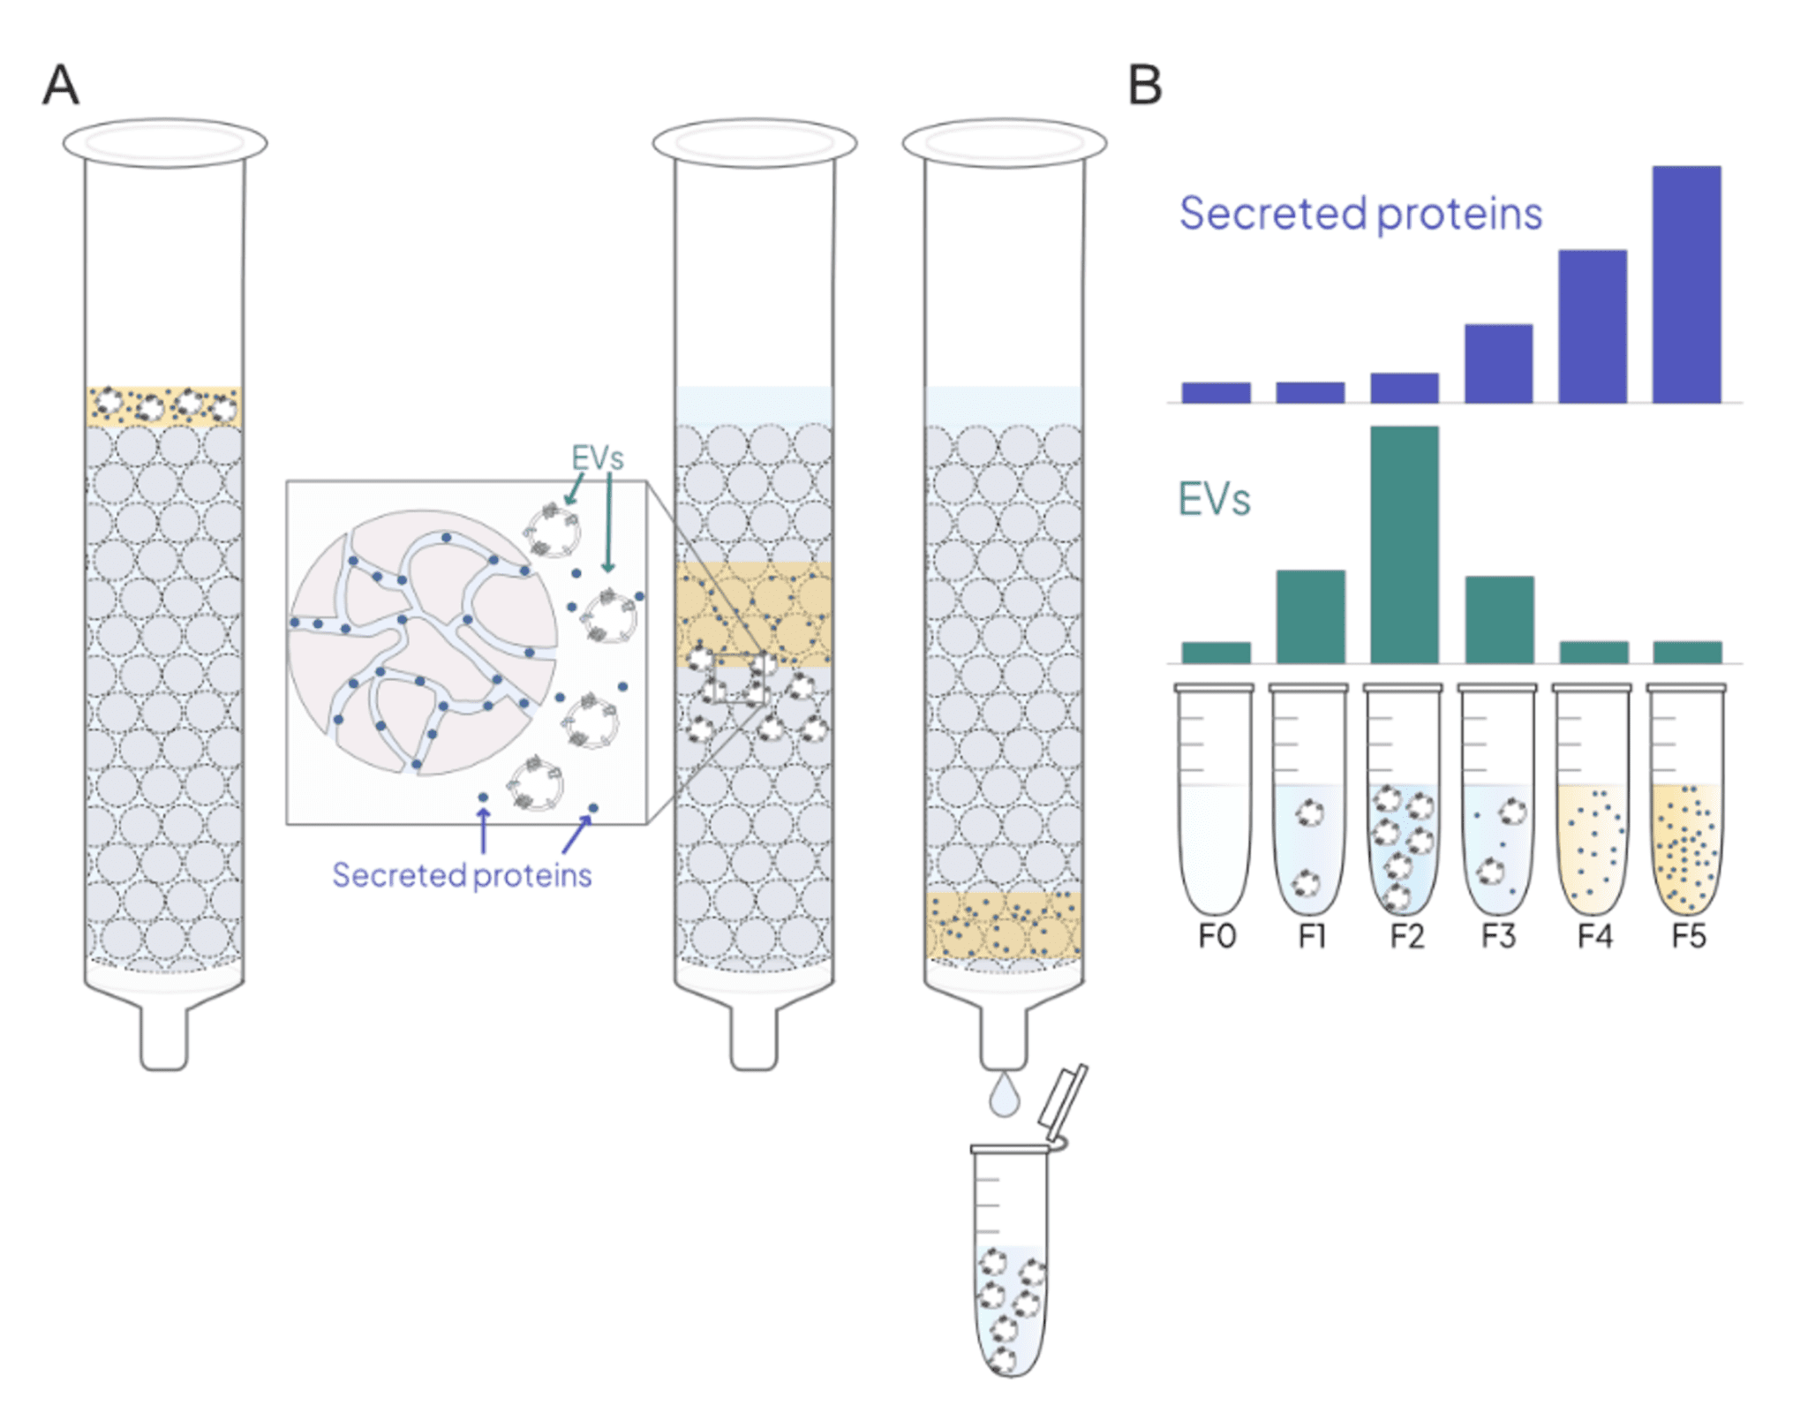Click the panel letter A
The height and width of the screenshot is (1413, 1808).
(x=61, y=85)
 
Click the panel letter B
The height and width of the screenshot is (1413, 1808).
(x=1144, y=86)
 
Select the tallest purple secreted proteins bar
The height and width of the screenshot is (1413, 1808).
(x=1685, y=283)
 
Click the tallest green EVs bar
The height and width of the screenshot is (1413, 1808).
(x=1404, y=544)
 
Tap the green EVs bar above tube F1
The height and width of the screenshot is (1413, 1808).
(x=1310, y=616)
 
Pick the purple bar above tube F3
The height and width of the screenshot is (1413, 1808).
(x=1498, y=363)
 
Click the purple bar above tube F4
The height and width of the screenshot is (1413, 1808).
(x=1592, y=326)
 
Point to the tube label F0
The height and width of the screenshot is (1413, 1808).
(x=1216, y=936)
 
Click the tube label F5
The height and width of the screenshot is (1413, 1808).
(x=1688, y=936)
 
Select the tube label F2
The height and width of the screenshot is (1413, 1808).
(x=1406, y=936)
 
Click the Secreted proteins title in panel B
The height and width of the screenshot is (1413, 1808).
(x=1360, y=214)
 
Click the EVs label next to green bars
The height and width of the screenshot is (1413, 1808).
(x=1214, y=500)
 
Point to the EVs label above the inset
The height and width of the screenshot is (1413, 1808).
(x=597, y=457)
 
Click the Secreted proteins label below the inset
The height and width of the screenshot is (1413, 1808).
(x=461, y=875)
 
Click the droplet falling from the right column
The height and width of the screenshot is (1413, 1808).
(x=1004, y=1096)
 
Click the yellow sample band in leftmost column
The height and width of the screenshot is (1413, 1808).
(x=164, y=406)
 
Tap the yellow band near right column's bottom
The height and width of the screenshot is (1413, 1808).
(x=1004, y=926)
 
